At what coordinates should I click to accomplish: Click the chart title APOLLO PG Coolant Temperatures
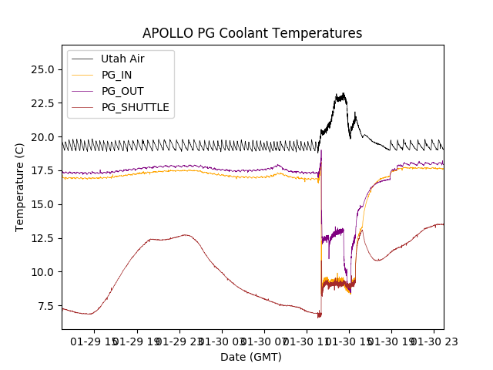pos(252,33)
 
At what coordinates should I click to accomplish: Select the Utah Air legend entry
pos(122,59)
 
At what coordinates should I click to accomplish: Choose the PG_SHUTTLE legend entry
pos(135,107)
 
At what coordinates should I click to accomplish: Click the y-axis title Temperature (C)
pos(20,187)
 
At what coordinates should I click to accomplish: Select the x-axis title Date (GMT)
pos(251,357)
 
